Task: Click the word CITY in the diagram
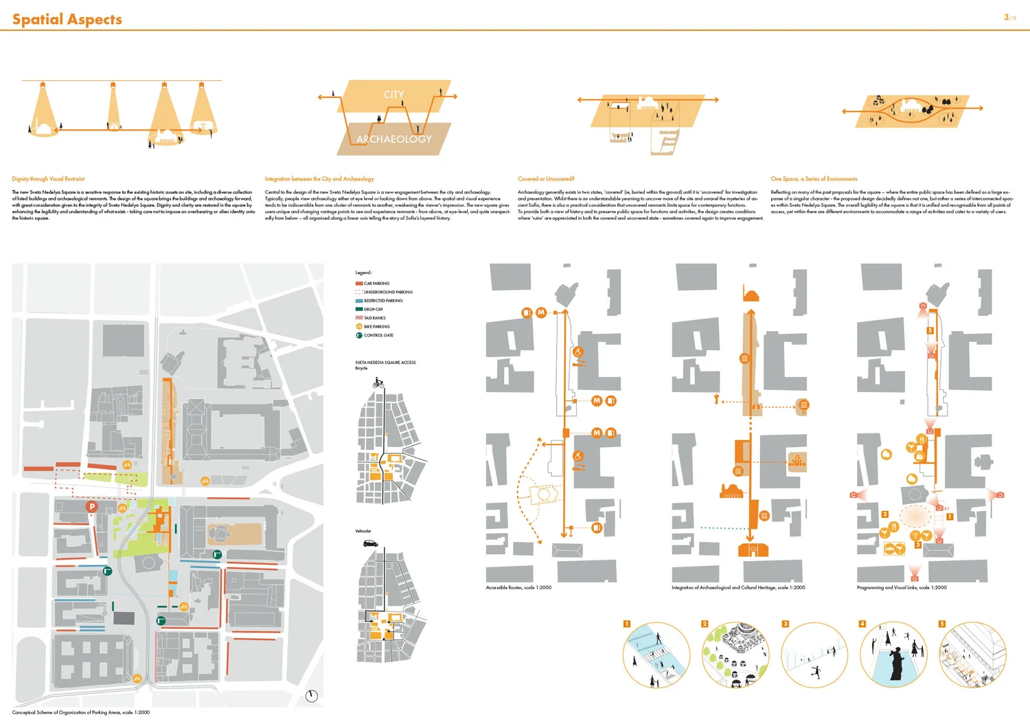pos(393,95)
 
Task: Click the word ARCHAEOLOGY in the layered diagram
pos(393,139)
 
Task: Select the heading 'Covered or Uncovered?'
pos(546,179)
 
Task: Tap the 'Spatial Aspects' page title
pos(67,19)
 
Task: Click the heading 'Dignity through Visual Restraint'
pos(48,179)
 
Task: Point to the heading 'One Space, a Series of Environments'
pos(814,179)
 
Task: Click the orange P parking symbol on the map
pos(91,506)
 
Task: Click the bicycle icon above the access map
pos(378,383)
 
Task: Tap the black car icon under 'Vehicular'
pos(370,543)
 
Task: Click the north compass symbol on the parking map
pos(312,696)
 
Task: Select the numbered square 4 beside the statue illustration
pos(862,624)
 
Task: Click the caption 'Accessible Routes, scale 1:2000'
pos(518,588)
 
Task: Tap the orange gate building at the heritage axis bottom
pos(753,549)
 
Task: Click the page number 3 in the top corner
pos(1007,17)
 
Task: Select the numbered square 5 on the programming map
pos(930,330)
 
